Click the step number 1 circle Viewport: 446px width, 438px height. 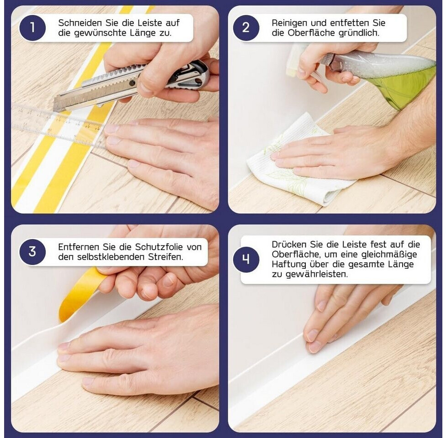click(x=32, y=28)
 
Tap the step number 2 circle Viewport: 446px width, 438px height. click(x=246, y=28)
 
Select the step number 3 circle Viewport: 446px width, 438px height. click(x=32, y=252)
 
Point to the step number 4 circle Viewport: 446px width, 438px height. click(x=246, y=259)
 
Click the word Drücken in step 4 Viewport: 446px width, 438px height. click(x=289, y=245)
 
